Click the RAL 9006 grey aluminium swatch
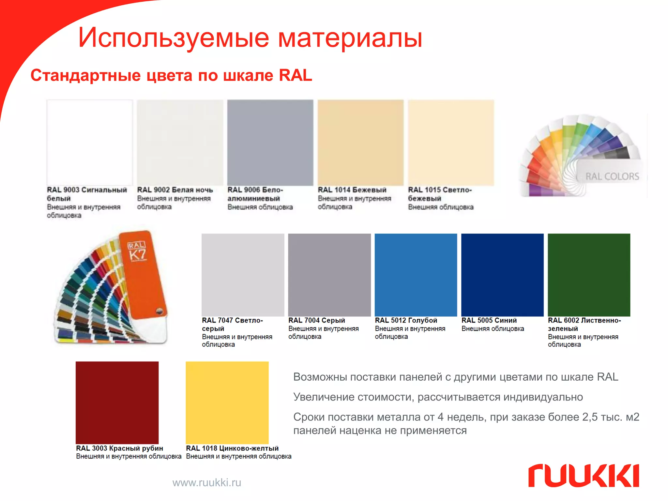pos(270,143)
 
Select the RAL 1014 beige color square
pos(360,143)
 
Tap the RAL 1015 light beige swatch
pos(451,143)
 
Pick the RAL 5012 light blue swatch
pos(416,275)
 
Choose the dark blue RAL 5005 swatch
pos(502,275)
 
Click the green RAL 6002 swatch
pos(589,275)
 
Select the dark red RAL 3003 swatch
pos(117,402)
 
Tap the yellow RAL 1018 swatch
pos(227,402)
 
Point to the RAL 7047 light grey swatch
pos(243,275)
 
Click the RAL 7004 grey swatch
pos(329,275)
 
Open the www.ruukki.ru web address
pos(207,482)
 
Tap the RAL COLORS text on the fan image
pos(612,176)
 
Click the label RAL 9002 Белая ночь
pos(175,190)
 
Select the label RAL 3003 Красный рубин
pos(119,448)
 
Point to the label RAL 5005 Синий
pos(489,320)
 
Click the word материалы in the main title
pos(350,38)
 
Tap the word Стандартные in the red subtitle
pos(86,75)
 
